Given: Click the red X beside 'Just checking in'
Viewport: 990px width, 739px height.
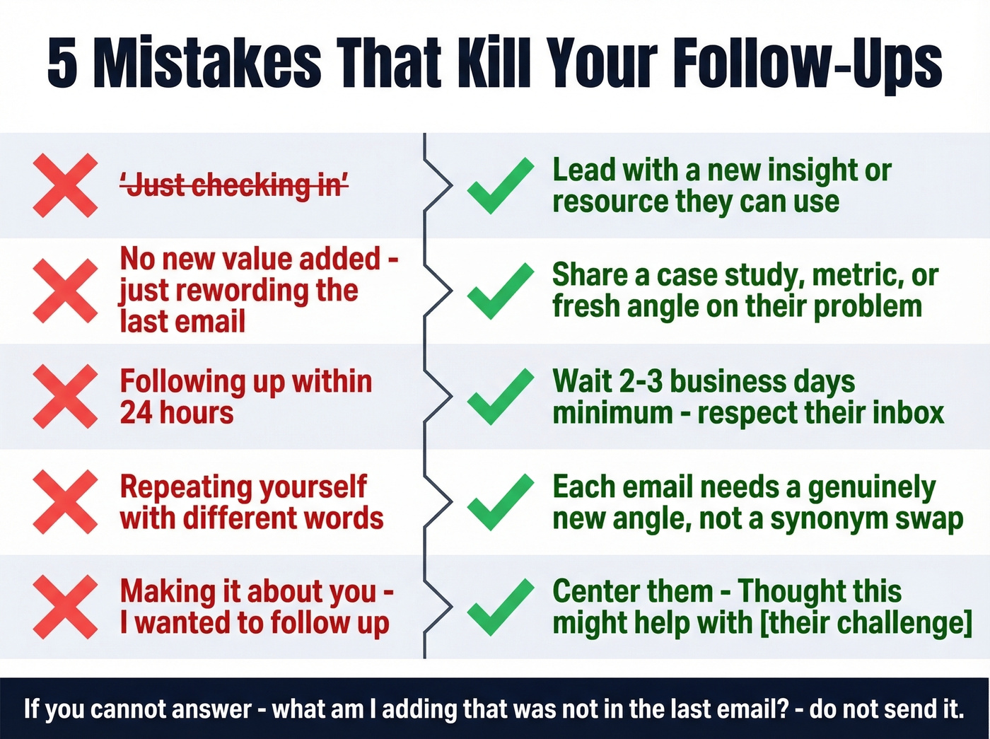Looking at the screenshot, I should pos(65,185).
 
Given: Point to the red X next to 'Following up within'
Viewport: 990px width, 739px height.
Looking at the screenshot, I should pos(65,397).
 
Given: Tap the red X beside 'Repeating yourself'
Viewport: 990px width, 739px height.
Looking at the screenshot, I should pos(65,502).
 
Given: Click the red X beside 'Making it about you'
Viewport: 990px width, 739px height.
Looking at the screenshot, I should pos(65,607).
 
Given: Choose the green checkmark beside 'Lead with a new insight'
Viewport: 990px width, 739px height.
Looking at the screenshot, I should pos(501,185).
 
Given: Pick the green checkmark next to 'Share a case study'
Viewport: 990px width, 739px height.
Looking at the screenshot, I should pos(501,291).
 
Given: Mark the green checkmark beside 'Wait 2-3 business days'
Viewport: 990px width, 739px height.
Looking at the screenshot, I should pos(501,397).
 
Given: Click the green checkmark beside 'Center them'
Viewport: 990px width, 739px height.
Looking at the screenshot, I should pos(501,607).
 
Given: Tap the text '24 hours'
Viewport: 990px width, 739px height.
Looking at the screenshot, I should pos(177,413).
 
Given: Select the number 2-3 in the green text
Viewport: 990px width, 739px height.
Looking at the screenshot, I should pos(641,382).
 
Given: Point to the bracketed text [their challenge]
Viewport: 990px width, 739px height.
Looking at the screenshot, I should pos(866,623).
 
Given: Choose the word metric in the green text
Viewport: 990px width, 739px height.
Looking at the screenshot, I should pos(858,276).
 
